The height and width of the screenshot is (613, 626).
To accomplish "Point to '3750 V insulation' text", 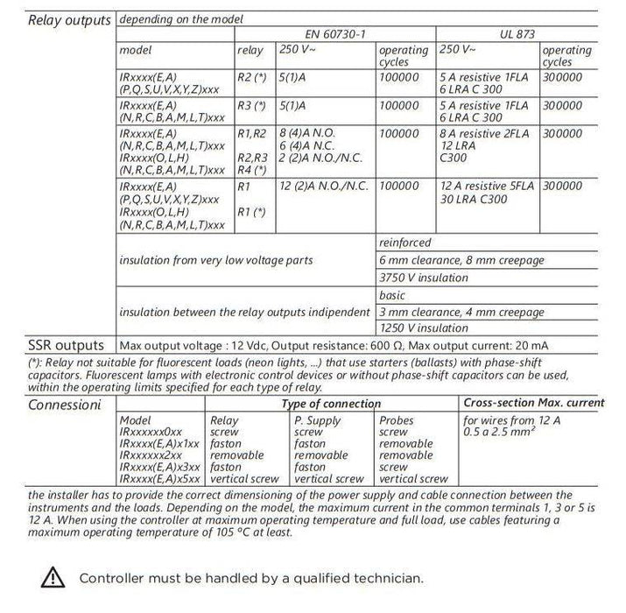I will click(x=424, y=278).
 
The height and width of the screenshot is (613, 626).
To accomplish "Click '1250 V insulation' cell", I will click(x=424, y=328).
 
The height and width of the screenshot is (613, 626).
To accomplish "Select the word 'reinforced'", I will click(x=405, y=242).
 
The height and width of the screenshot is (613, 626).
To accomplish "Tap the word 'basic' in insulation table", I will click(x=393, y=295).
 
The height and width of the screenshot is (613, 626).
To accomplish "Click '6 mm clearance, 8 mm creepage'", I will click(x=461, y=260).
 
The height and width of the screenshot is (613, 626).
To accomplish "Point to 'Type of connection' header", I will click(x=331, y=404).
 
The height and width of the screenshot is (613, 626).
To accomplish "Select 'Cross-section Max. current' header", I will click(x=533, y=403).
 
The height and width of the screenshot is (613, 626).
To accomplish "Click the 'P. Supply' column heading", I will click(x=318, y=421).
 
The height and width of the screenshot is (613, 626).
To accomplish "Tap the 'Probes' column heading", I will click(x=398, y=421).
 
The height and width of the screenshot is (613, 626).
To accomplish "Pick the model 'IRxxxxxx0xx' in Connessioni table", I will click(x=151, y=433).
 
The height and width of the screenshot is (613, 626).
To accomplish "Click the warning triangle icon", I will click(x=54, y=578).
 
